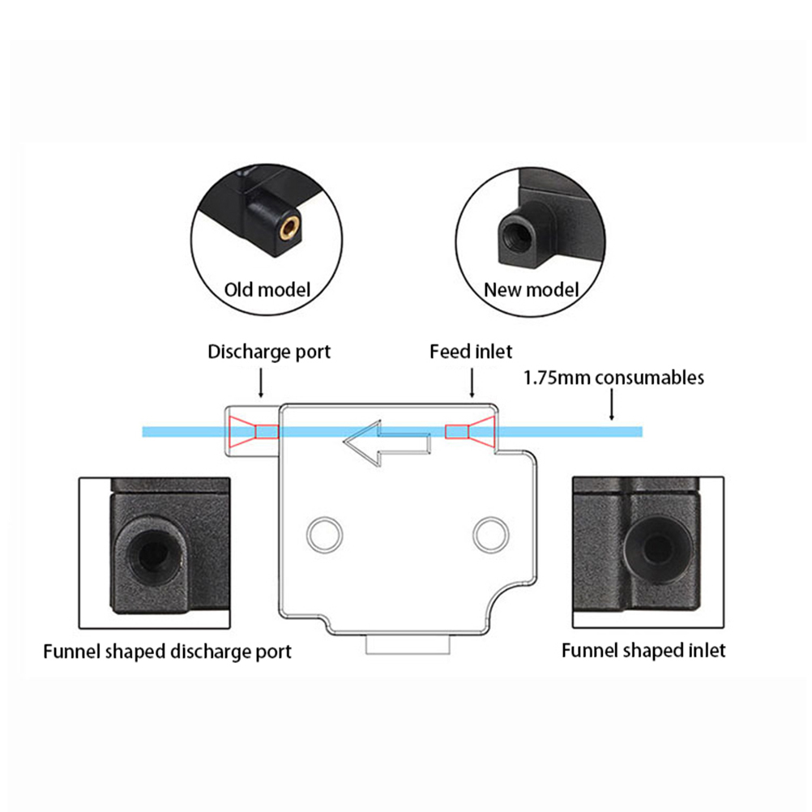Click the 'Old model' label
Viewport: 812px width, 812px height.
click(267, 289)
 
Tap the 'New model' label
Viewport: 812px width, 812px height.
click(531, 289)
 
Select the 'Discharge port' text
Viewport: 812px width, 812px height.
click(269, 352)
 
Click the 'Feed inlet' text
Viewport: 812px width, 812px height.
click(471, 352)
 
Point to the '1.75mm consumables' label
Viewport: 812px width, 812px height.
click(613, 377)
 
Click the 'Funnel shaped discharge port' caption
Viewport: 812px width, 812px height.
click(167, 651)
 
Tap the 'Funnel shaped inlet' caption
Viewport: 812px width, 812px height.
click(643, 650)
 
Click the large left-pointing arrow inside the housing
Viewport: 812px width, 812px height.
click(384, 442)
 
